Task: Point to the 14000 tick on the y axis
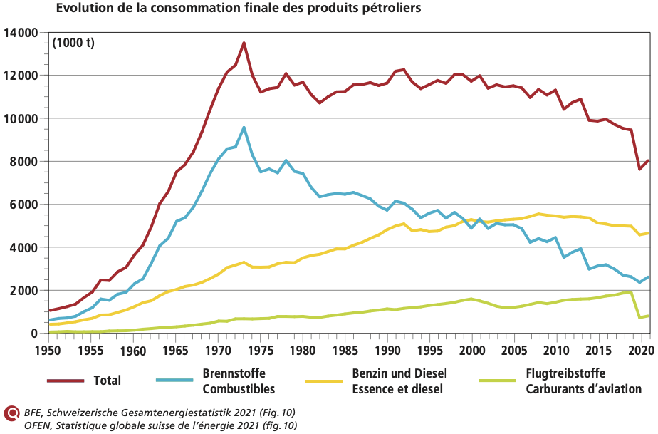pyautogui.click(x=21, y=33)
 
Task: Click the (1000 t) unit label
pyautogui.click(x=73, y=44)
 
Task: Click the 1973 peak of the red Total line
pyautogui.click(x=244, y=43)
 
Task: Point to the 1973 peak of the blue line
pyautogui.click(x=244, y=128)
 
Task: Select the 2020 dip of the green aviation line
pyautogui.click(x=639, y=317)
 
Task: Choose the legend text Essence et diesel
pyautogui.click(x=397, y=389)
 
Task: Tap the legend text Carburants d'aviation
pyautogui.click(x=583, y=389)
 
